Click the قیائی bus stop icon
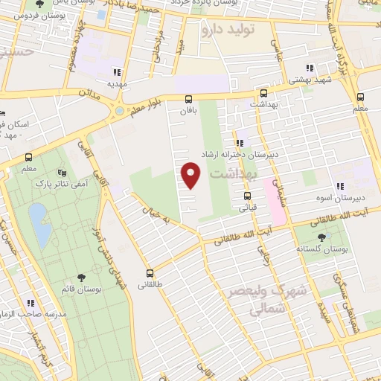247,196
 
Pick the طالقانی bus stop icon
150,273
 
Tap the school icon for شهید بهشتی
309,68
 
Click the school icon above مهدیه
116,72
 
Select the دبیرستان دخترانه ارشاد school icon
239,143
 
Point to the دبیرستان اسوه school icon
340,187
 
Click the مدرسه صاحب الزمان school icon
30,303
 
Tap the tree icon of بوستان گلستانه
321,238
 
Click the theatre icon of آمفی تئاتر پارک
71,172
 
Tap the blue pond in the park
39,224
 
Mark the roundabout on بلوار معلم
119,112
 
